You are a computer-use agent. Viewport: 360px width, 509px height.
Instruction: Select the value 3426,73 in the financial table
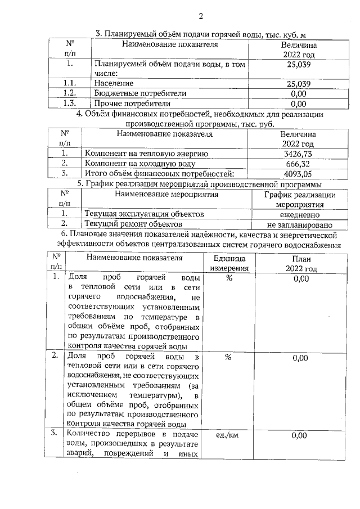tap(298, 154)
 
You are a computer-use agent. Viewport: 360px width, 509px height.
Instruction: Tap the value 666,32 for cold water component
tap(298, 164)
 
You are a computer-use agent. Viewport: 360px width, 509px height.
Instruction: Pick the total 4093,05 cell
tap(298, 174)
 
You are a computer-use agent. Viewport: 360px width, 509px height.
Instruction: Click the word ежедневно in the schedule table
tap(299, 215)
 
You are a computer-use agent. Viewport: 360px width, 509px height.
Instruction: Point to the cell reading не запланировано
tap(299, 224)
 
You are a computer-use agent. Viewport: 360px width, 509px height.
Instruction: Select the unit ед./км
tap(228, 435)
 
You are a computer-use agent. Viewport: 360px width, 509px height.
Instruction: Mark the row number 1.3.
tap(70, 103)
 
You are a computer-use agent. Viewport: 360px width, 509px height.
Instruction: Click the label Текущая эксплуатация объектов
tap(143, 215)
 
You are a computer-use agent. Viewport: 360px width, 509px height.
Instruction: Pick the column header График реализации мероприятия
tap(299, 200)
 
